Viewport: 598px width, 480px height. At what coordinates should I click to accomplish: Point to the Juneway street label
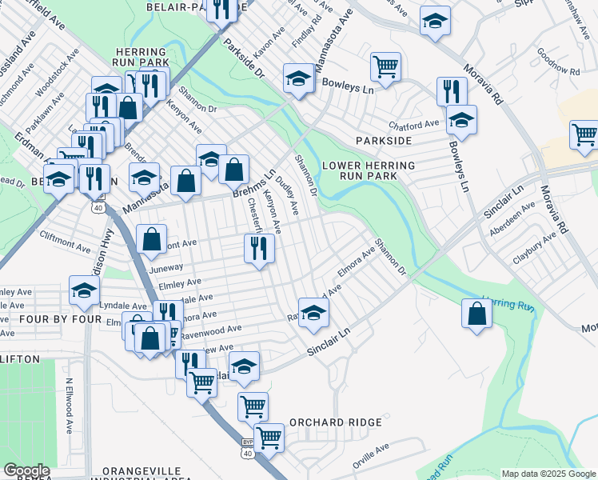165,268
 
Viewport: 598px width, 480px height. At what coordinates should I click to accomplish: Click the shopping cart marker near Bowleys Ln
385,67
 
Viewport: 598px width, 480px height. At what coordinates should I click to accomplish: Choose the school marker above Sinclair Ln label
313,313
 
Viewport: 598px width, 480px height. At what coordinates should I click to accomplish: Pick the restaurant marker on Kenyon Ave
259,249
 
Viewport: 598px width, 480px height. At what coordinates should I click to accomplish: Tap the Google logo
26,470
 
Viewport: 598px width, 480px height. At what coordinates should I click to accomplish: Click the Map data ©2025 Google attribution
548,474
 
